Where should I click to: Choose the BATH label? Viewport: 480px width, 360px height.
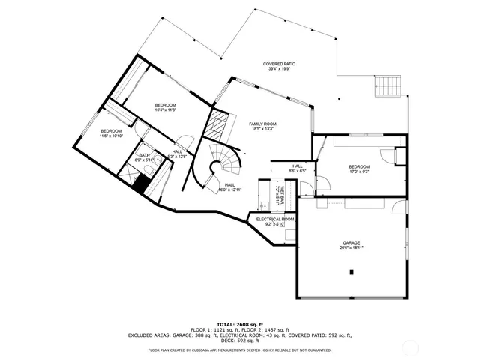coord(143,157)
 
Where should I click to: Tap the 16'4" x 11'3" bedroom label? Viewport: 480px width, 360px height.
coord(165,106)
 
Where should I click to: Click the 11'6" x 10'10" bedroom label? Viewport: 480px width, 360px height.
coord(111,133)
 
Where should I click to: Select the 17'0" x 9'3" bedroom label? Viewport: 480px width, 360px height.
coord(359,169)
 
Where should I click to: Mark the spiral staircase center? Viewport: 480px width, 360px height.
coord(223,160)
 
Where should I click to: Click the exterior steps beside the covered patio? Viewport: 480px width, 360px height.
coord(388,85)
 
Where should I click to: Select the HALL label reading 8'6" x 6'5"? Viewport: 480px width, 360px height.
coord(298,169)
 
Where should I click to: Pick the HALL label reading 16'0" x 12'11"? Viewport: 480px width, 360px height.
coord(229,187)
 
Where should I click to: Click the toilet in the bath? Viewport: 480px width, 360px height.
coord(151,172)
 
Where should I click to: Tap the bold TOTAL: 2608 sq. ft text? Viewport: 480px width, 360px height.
coord(239,324)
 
